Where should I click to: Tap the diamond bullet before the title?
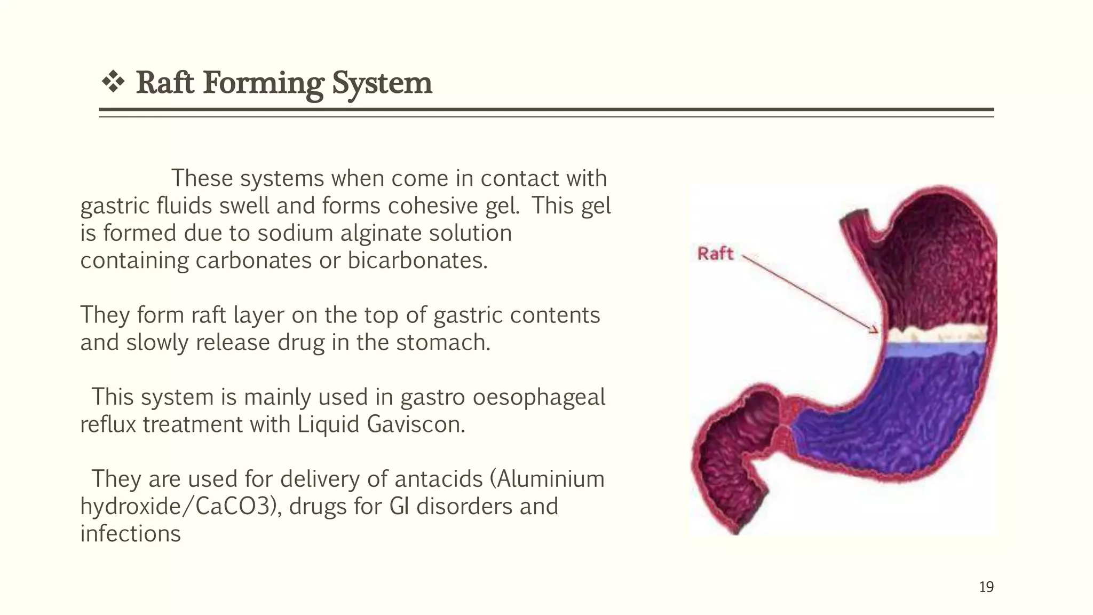[113, 82]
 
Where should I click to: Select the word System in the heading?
[382, 83]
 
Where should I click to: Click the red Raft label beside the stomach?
[715, 254]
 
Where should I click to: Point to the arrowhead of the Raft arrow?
[874, 330]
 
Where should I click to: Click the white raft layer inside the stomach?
[934, 335]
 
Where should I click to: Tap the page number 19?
[986, 587]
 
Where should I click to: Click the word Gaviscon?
[416, 425]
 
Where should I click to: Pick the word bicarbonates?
[417, 261]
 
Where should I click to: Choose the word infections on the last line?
[130, 534]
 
